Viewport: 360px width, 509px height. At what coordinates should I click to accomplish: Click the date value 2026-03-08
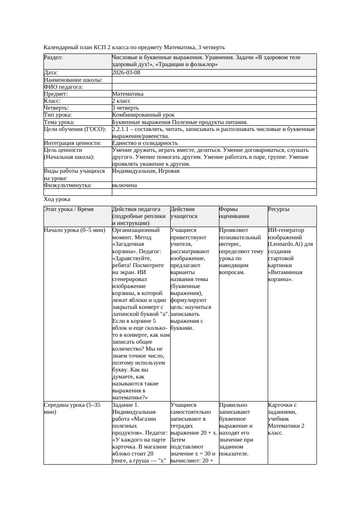[126, 73]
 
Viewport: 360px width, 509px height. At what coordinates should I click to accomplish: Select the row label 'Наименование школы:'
[73, 80]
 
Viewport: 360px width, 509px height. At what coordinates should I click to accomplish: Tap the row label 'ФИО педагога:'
[64, 87]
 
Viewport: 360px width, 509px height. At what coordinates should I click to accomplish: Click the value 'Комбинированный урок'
[143, 115]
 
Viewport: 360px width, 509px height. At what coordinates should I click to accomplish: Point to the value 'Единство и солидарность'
[145, 143]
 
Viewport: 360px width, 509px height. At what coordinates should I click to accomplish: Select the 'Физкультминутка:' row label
[68, 185]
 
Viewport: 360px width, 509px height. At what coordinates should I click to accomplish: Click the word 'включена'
[124, 185]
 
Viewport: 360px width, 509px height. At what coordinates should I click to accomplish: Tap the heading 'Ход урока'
[57, 199]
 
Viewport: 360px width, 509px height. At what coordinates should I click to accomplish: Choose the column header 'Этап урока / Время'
[69, 209]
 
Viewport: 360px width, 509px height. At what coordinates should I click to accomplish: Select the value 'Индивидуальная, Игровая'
[146, 171]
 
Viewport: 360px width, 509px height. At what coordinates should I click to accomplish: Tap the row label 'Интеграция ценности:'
[73, 143]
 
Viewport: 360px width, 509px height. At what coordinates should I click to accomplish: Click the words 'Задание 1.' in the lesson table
[126, 405]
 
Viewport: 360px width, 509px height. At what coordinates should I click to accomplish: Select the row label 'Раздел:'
[54, 57]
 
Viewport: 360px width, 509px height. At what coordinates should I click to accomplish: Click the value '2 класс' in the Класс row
[121, 100]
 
